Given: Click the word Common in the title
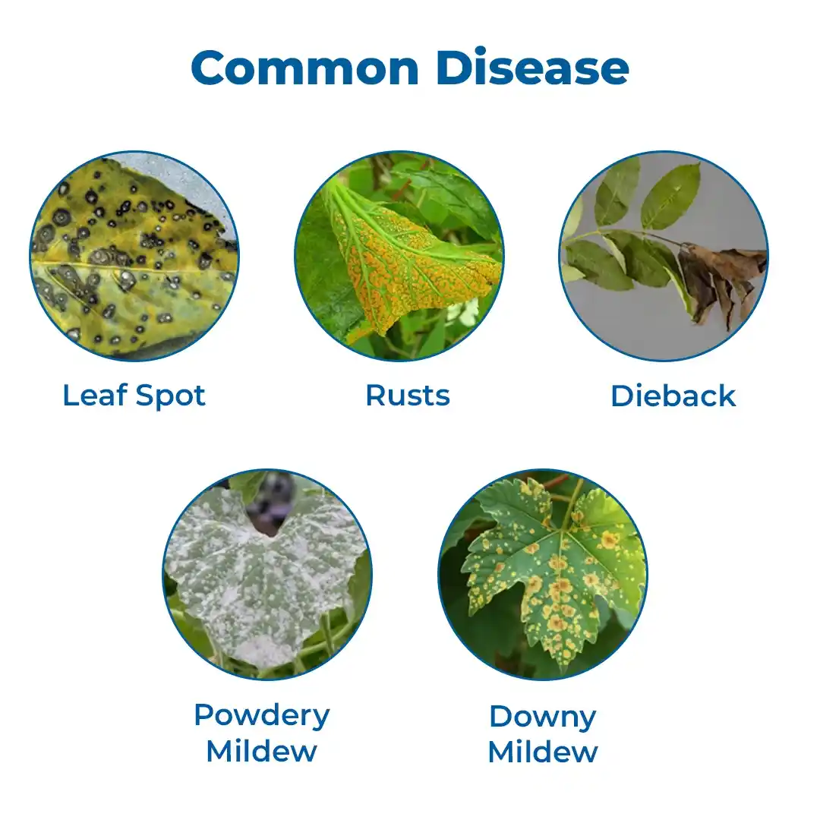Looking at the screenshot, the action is (x=305, y=68).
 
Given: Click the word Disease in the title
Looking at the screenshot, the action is (x=532, y=68).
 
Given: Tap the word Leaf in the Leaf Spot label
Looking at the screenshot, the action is (x=95, y=395).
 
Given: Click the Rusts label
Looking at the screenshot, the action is (x=408, y=396).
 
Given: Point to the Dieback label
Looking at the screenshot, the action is (x=673, y=396).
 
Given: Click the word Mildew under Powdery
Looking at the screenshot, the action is (x=261, y=752).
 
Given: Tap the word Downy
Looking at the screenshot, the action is (x=542, y=717).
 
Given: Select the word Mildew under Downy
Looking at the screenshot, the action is (x=542, y=752).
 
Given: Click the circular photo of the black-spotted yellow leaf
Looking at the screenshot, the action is (x=134, y=257).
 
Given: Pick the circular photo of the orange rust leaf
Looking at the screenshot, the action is (x=399, y=257).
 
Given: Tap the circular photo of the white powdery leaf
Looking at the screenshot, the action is (x=267, y=574).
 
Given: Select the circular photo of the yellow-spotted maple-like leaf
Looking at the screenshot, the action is (x=542, y=574).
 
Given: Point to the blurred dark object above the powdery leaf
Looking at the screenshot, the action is (x=270, y=502).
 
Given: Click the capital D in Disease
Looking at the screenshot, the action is (x=454, y=68).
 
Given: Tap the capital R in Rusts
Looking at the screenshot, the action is (x=376, y=396).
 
